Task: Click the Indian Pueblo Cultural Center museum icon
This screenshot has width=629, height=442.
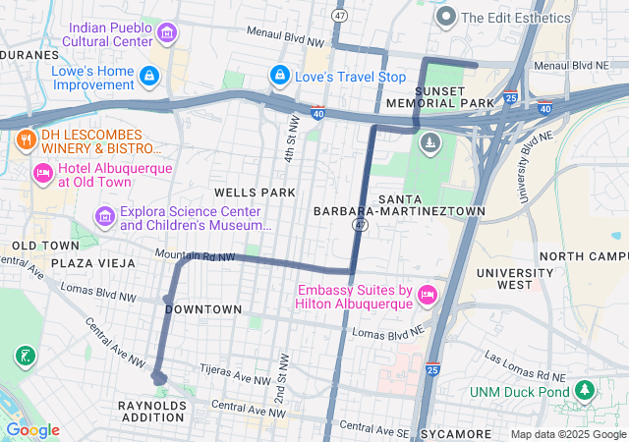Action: (167, 34)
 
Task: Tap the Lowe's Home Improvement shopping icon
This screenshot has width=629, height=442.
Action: (148, 76)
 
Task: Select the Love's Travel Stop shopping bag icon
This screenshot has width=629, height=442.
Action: (280, 76)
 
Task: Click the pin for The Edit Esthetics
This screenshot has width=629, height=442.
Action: (445, 17)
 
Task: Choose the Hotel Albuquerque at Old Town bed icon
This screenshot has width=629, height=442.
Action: (42, 174)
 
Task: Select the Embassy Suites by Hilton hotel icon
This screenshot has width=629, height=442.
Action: (427, 296)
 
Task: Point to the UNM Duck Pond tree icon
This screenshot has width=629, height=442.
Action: (586, 392)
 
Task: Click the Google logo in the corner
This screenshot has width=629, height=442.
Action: (32, 429)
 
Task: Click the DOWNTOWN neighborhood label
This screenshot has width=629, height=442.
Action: (203, 309)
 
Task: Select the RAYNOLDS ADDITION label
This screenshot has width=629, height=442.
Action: (152, 412)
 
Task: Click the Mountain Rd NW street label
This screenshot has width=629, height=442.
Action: (195, 255)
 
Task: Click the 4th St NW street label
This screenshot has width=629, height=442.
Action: (293, 138)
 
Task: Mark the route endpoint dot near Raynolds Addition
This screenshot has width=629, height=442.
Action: (158, 377)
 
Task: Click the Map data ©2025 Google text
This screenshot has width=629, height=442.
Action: (568, 434)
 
